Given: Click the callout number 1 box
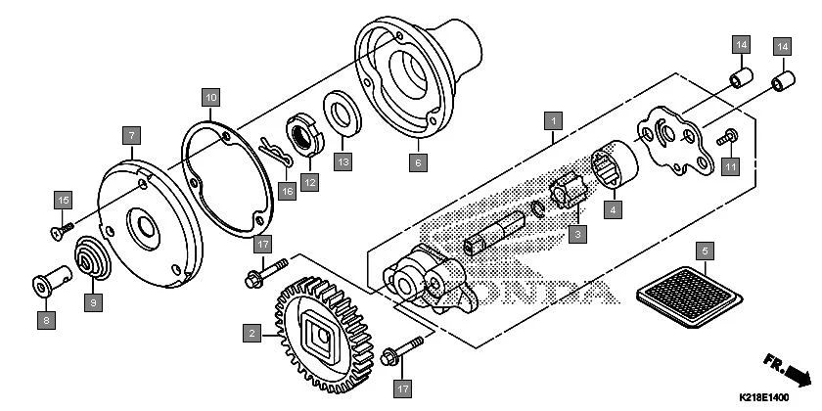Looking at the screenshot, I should [x=554, y=121].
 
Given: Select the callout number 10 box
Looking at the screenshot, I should [x=210, y=96].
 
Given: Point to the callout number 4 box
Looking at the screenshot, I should [x=614, y=207].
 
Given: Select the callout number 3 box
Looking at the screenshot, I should [x=578, y=235].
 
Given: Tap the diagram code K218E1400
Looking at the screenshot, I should [x=763, y=398].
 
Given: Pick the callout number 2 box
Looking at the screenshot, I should [x=251, y=334].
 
